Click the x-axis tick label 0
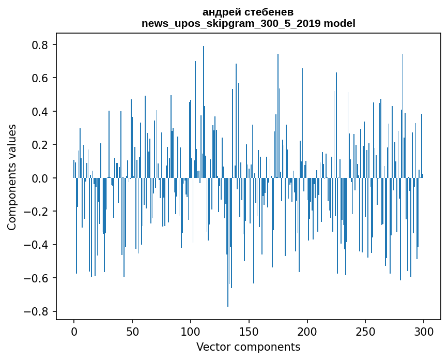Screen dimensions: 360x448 [x=74, y=331]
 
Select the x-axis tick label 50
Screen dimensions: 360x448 [x=132, y=331]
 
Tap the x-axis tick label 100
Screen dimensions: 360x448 [x=191, y=331]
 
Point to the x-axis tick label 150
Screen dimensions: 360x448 [x=249, y=331]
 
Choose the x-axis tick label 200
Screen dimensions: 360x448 [x=307, y=331]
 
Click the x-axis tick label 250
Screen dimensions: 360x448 [x=366, y=331]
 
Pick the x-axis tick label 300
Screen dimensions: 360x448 [x=424, y=331]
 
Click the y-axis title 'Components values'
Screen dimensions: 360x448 [x=12, y=177]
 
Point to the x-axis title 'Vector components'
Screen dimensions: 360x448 [x=248, y=347]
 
